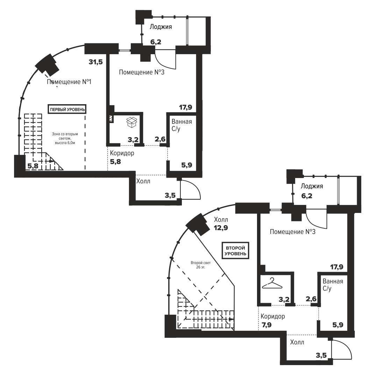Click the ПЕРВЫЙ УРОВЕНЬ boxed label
click(x=67, y=109)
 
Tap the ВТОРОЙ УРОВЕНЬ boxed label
click(x=235, y=250)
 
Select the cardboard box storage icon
click(x=131, y=122)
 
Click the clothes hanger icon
click(x=272, y=283)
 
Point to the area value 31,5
click(x=96, y=62)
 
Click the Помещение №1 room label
click(x=69, y=82)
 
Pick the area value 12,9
click(x=221, y=228)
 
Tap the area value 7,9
click(x=266, y=325)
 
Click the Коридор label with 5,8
click(x=122, y=153)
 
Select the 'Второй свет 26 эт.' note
click(x=201, y=265)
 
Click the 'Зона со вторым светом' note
click(x=65, y=138)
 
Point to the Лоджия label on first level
click(x=161, y=27)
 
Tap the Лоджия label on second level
click(x=312, y=186)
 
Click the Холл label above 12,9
click(x=221, y=220)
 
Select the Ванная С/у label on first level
click(x=181, y=125)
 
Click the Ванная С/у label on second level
click(x=333, y=285)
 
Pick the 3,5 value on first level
click(x=170, y=195)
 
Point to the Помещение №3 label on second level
click(x=293, y=232)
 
